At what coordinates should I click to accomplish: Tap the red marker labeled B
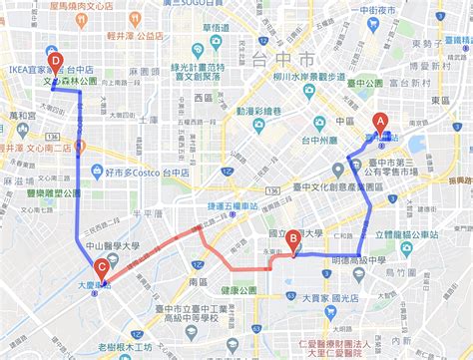(x=293, y=239)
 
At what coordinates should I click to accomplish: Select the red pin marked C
(x=102, y=267)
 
